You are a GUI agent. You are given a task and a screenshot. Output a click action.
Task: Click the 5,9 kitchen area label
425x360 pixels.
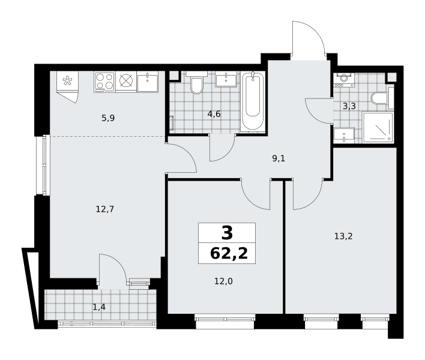pos(108,118)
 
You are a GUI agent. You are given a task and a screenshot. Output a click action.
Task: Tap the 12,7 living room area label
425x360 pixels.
pos(105,209)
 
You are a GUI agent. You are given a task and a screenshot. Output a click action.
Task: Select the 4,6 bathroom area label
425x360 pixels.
pos(214,114)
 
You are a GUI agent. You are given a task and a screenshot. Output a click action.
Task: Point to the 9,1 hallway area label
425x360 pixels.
pos(279,158)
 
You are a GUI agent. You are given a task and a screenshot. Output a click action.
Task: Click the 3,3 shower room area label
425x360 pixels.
pos(349,106)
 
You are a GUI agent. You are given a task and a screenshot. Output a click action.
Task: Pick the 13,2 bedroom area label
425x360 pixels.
pos(343,236)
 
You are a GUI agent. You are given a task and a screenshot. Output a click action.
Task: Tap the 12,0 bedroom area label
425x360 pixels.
pos(224,281)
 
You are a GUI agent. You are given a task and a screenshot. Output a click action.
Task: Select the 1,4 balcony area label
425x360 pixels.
pos(99,307)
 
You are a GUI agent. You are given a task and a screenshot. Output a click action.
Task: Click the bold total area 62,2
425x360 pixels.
pos(229,254)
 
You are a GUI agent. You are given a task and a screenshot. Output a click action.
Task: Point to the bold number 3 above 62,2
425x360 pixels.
pos(227,233)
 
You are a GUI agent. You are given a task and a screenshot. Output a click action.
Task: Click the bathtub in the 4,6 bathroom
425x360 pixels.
pos(253,101)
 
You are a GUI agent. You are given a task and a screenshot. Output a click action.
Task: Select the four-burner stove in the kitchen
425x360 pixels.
pos(104,82)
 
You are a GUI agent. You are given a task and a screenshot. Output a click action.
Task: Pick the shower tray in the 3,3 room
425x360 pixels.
pos(378,127)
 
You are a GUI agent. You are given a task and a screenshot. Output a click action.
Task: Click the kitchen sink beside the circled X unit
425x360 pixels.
pos(148,82)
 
